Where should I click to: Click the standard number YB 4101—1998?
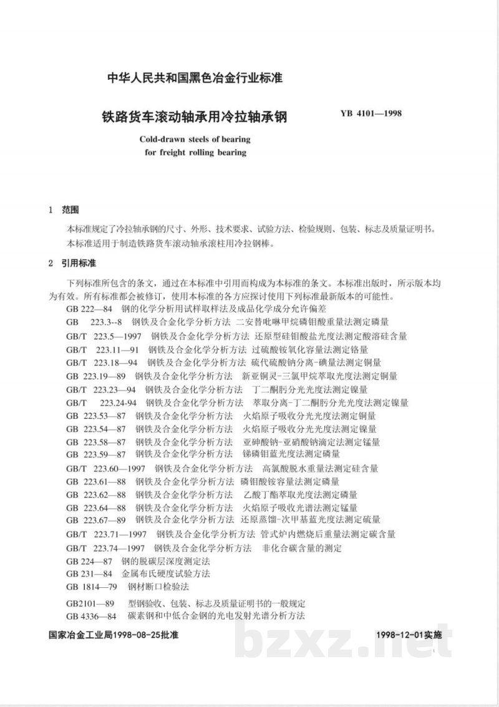coord(371,114)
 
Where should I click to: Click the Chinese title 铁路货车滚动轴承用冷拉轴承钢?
coord(194,117)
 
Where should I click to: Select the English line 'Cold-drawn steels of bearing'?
coord(195,140)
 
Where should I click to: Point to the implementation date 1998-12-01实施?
coord(409,635)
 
